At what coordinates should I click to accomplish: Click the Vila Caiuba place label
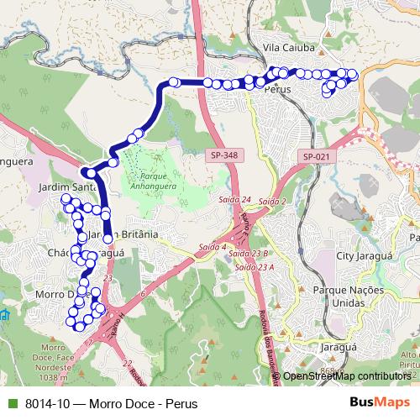[x=290, y=48]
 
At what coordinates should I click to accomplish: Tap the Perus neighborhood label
[x=276, y=87]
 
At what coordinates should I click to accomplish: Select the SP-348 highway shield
[x=223, y=155]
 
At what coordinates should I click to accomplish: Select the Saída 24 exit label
[x=234, y=201]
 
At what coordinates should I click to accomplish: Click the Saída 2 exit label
[x=272, y=202]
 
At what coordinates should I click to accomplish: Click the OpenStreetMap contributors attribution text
[x=346, y=375]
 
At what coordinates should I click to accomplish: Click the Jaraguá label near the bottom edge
[x=338, y=345]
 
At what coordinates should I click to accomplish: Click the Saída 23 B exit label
[x=248, y=253]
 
